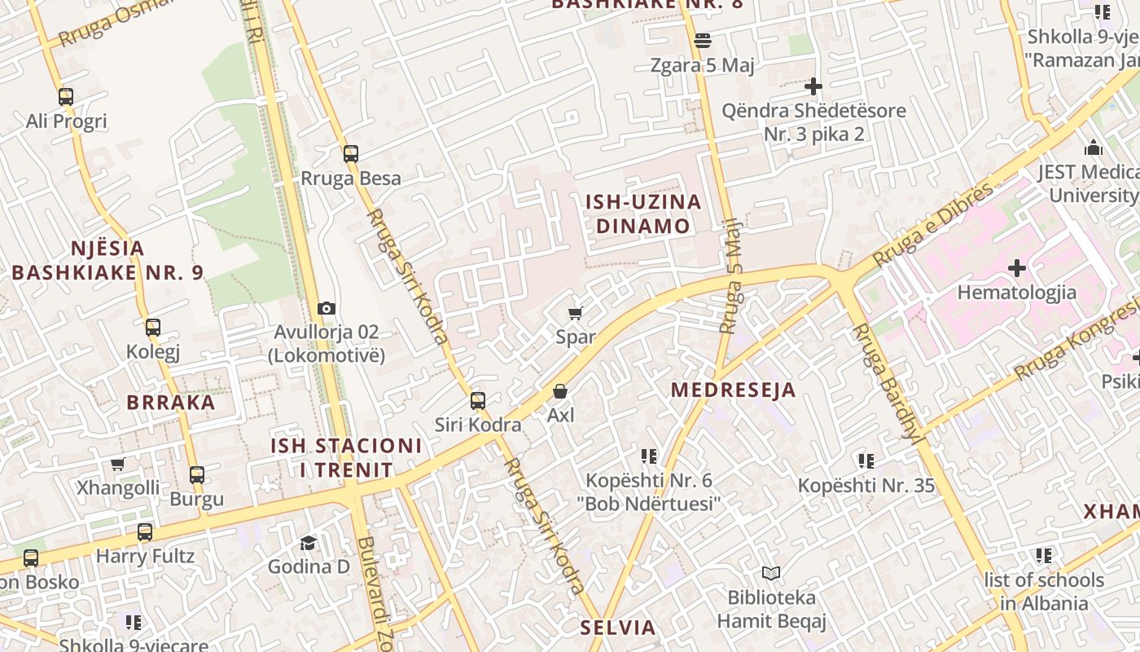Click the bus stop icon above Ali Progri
[66, 97]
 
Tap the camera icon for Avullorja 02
[327, 308]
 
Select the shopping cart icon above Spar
[576, 313]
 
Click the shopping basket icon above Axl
[560, 391]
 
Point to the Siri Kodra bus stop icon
[478, 401]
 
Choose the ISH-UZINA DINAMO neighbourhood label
[643, 214]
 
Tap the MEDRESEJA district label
[733, 390]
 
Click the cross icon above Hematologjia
[1016, 267]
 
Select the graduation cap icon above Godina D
[308, 543]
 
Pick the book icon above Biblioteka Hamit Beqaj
[770, 574]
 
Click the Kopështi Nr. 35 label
[866, 486]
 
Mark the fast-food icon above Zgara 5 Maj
[703, 41]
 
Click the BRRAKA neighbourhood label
[171, 402]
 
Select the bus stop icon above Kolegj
[153, 328]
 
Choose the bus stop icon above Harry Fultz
[145, 532]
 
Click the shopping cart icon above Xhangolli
[118, 465]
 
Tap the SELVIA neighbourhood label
[617, 628]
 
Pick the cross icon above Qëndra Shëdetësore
[813, 86]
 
